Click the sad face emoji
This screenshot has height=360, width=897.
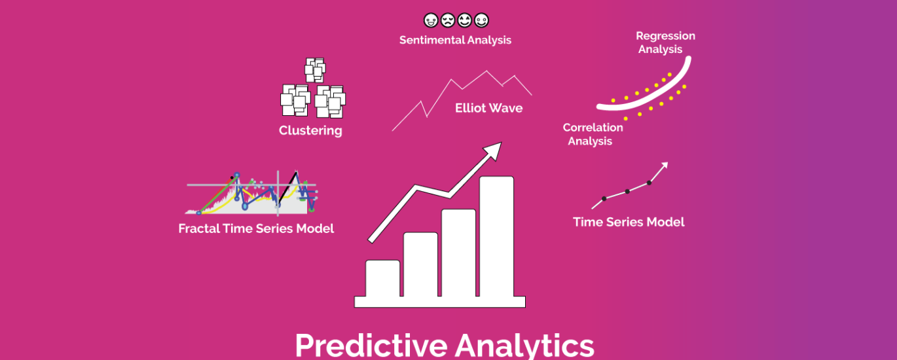click(x=448, y=20)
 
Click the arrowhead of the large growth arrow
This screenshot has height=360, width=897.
click(x=492, y=150)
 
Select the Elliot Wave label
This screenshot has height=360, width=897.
click(x=488, y=108)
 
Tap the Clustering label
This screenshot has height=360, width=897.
click(x=310, y=130)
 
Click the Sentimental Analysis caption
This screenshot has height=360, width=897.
click(x=455, y=40)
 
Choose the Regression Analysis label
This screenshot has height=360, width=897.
click(x=665, y=43)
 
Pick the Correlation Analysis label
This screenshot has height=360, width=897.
click(x=593, y=134)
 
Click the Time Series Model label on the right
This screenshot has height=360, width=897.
click(x=629, y=222)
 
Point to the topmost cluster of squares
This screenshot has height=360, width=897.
click(x=315, y=69)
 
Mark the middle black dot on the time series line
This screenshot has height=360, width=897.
click(x=627, y=191)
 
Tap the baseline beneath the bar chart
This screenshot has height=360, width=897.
click(x=440, y=302)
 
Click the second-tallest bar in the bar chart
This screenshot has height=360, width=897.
click(x=458, y=252)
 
